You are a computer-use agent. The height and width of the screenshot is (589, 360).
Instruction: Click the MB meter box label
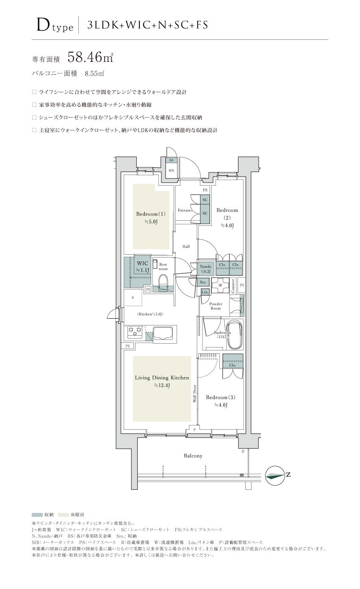point(172,171)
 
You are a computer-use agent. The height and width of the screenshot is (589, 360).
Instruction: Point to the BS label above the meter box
point(172,160)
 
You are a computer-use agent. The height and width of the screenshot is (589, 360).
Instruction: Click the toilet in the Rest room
point(163,283)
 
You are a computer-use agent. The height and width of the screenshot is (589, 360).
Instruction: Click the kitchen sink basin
point(163,333)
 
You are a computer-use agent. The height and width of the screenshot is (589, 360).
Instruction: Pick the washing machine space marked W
point(220,285)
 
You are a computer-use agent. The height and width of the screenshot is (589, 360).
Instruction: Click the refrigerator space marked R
point(133,297)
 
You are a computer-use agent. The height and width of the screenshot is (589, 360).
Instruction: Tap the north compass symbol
point(275,475)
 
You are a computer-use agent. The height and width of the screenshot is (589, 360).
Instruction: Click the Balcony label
point(193,456)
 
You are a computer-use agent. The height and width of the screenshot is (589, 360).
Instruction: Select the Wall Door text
point(195,394)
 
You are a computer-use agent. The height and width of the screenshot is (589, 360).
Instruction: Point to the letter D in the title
point(43,25)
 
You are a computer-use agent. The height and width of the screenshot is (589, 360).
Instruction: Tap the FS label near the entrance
point(205,190)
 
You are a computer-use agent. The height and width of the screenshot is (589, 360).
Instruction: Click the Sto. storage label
point(203,282)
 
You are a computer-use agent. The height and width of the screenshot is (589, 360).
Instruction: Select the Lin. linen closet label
point(205,292)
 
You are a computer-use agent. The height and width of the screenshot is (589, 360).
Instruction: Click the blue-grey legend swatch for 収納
point(37,514)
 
